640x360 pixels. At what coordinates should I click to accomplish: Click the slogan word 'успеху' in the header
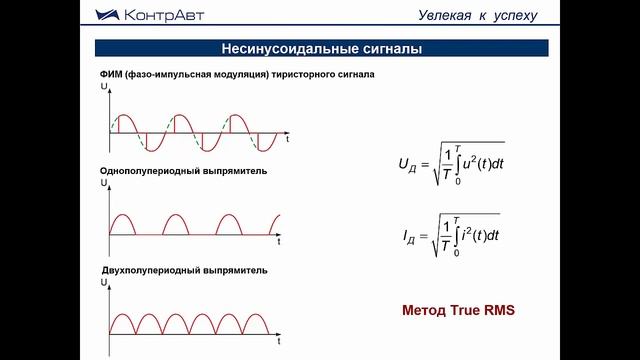514,14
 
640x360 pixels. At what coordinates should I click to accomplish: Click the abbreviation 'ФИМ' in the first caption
112,77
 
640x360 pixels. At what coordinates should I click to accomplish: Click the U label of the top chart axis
104,89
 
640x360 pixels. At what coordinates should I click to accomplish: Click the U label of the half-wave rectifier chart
104,184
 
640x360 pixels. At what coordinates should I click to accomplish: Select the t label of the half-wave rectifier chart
280,243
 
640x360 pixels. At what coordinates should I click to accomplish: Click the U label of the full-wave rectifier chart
104,284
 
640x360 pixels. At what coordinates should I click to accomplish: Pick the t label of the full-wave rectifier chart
281,343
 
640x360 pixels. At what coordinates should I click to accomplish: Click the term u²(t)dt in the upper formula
482,162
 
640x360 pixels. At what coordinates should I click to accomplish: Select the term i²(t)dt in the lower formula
483,235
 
